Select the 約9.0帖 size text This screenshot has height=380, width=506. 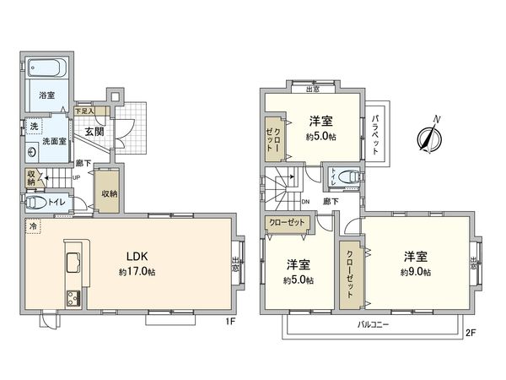point(415,272)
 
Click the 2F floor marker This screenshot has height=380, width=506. point(471,333)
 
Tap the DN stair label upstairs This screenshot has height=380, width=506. point(305,202)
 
